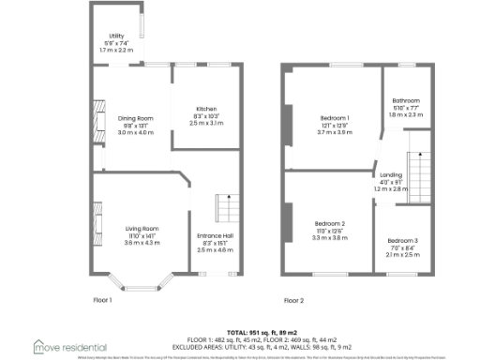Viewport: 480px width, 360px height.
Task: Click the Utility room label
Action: (x=116, y=36)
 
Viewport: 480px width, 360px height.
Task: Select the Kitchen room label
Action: (x=206, y=108)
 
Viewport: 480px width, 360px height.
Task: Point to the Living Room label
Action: (x=142, y=228)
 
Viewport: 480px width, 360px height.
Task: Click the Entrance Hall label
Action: (x=215, y=235)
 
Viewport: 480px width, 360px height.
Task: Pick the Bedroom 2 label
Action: (x=330, y=222)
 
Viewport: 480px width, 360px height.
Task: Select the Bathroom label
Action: (x=406, y=100)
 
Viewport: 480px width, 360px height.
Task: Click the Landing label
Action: (x=390, y=175)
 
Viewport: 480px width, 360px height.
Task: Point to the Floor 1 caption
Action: (x=102, y=300)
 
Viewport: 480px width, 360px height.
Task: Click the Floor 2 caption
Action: (x=294, y=300)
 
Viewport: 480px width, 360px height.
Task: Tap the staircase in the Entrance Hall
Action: (x=225, y=208)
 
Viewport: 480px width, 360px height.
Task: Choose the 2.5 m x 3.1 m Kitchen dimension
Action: (x=206, y=123)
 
